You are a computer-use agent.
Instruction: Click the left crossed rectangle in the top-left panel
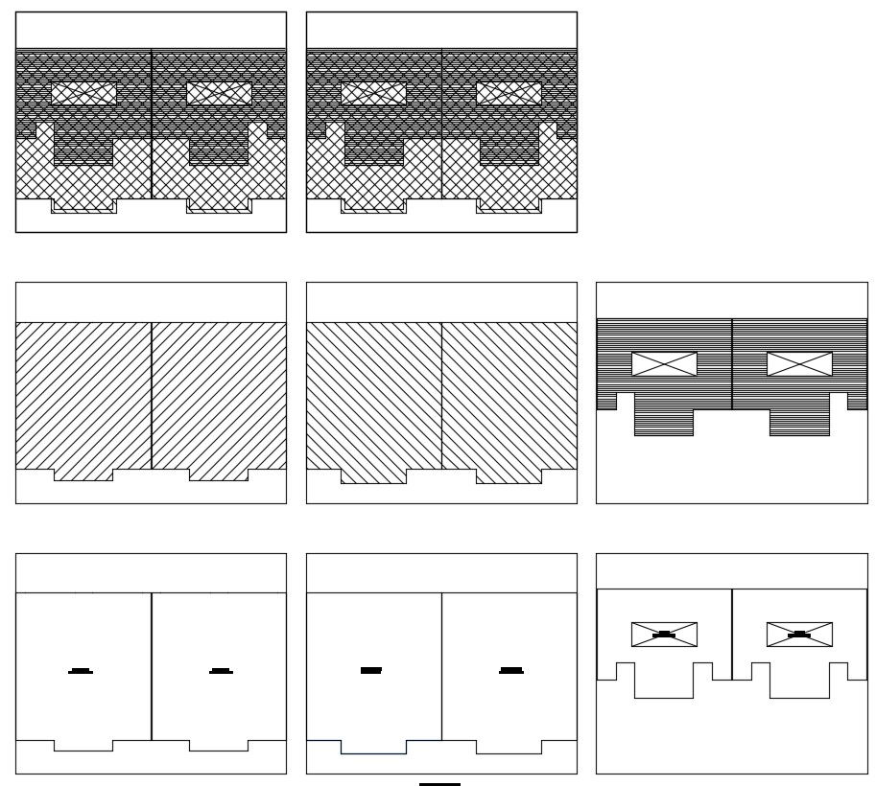point(83,94)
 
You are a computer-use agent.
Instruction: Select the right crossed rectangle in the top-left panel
point(219,94)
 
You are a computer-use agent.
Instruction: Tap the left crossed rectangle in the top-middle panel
point(373,94)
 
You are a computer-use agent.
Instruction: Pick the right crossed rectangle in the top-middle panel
point(509,94)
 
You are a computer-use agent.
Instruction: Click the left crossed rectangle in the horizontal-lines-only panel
point(664,364)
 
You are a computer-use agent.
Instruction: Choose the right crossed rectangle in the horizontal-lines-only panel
point(799,364)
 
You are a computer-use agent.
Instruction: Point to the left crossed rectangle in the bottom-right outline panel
point(664,635)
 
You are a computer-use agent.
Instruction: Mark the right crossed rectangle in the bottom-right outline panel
point(799,635)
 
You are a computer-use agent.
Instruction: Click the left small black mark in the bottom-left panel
point(81,671)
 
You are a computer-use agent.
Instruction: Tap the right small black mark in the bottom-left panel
point(221,671)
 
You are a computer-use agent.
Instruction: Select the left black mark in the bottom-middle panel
point(371,670)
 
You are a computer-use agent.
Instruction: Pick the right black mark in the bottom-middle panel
point(511,670)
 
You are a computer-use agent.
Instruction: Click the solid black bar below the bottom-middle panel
point(439,784)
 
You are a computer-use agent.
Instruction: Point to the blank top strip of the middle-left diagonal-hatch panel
point(151,302)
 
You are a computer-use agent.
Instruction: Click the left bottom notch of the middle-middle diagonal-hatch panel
point(373,476)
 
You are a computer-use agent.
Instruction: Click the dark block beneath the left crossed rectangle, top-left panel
point(83,144)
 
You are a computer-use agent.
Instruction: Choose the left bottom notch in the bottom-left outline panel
point(83,746)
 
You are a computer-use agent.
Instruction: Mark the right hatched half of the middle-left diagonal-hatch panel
point(219,393)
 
